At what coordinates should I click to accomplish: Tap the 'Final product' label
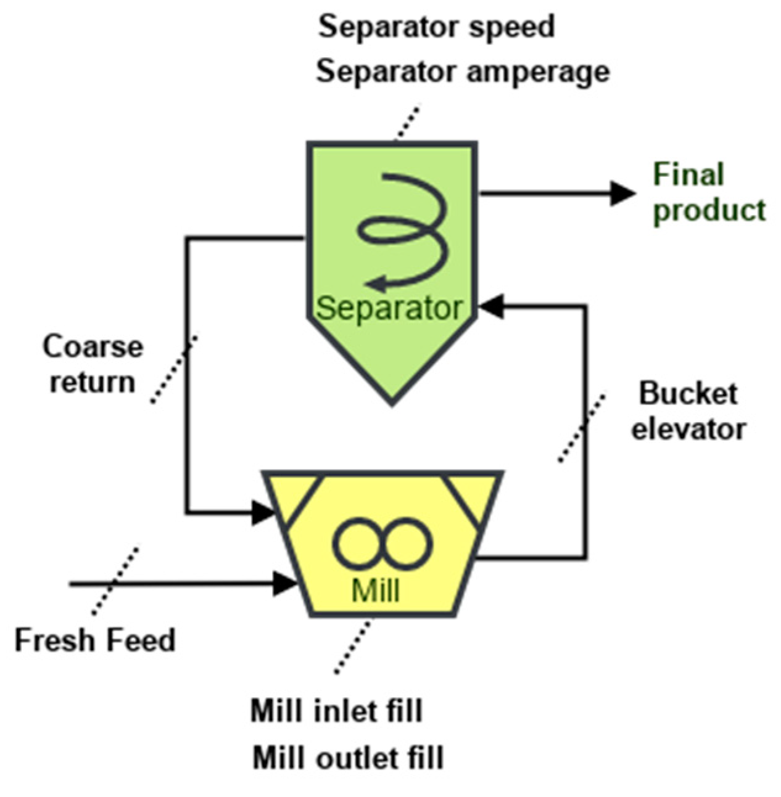click(x=709, y=192)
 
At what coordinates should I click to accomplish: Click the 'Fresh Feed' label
click(x=95, y=640)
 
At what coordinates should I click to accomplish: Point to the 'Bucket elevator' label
click(x=688, y=411)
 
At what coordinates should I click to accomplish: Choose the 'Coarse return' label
click(x=93, y=364)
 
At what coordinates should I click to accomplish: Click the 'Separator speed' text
click(x=436, y=27)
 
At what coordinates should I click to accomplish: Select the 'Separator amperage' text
click(x=463, y=72)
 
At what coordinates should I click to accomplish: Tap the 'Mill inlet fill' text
click(x=336, y=711)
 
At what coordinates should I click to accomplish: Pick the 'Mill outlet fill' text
click(x=348, y=758)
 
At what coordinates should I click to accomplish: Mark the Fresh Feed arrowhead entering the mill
click(x=284, y=582)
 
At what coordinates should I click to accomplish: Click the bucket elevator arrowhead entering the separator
click(x=492, y=306)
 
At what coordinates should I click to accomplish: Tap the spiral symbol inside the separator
click(x=404, y=231)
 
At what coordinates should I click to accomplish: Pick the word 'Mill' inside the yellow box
click(x=376, y=590)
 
